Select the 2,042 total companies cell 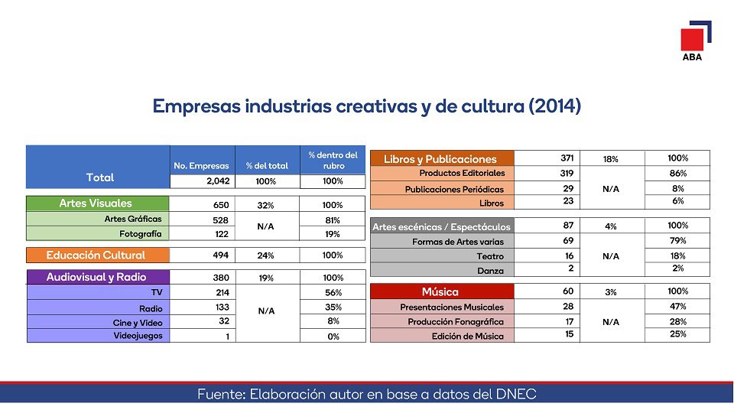click(x=202, y=181)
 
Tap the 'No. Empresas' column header click(x=202, y=165)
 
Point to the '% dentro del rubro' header click(x=333, y=160)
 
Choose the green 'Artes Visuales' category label click(x=96, y=203)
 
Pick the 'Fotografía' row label click(x=141, y=233)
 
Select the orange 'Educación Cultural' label click(x=96, y=255)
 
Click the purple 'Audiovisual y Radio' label click(x=96, y=277)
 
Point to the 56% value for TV click(x=333, y=293)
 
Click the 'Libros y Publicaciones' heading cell click(x=440, y=159)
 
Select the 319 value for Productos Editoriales click(x=567, y=173)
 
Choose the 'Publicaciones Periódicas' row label click(x=454, y=189)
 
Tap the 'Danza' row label click(x=490, y=271)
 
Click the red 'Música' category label click(x=440, y=291)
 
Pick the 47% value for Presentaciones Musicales click(x=677, y=306)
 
